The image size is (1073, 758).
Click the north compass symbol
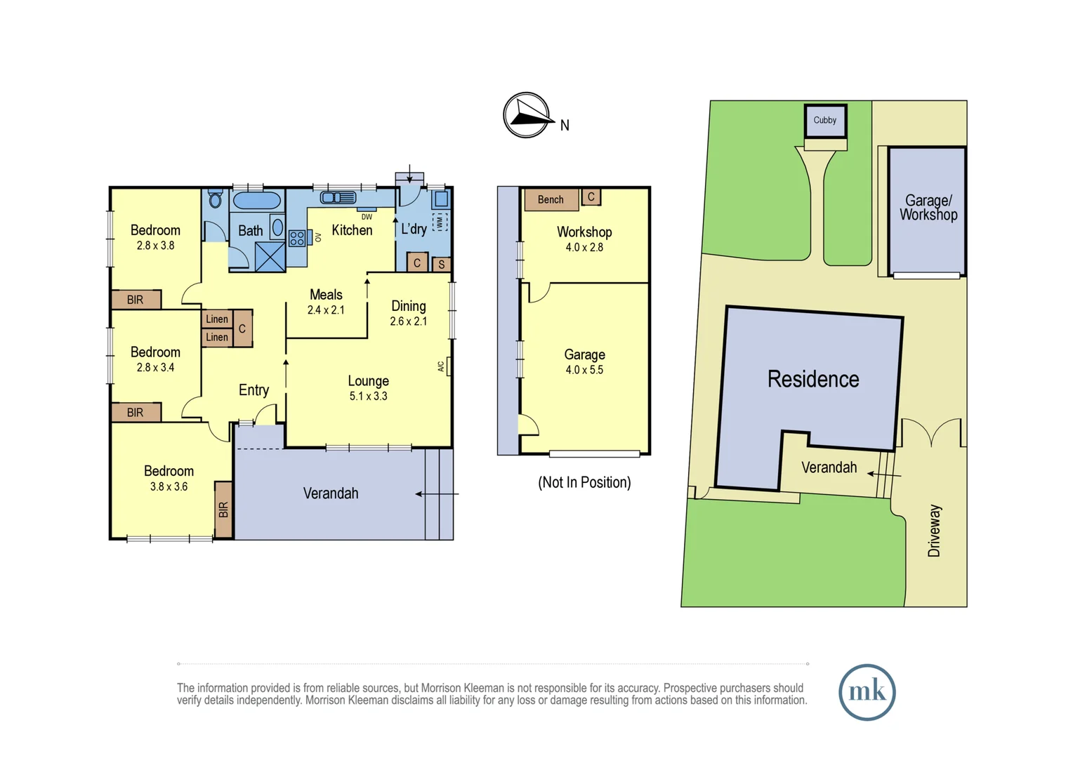[527, 115]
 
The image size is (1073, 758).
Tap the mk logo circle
[867, 692]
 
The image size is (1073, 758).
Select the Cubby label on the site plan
[824, 120]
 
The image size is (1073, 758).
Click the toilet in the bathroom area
[216, 199]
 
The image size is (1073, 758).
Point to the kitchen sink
[338, 198]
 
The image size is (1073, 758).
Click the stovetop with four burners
[297, 239]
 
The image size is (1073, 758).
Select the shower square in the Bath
[270, 257]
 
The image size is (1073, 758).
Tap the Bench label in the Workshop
[551, 200]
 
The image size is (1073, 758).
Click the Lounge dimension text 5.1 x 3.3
[368, 397]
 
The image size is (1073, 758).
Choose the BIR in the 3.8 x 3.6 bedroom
[223, 510]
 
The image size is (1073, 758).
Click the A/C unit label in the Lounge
[442, 366]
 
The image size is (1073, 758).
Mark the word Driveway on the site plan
[934, 531]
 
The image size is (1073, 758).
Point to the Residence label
[812, 380]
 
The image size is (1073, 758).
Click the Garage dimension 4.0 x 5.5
[584, 370]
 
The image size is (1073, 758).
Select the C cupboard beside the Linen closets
[242, 328]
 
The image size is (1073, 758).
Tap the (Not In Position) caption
[584, 483]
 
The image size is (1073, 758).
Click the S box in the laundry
[441, 265]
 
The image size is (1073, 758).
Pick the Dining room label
[408, 306]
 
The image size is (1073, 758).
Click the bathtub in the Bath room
[256, 201]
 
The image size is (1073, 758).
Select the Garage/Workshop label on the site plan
[928, 208]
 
